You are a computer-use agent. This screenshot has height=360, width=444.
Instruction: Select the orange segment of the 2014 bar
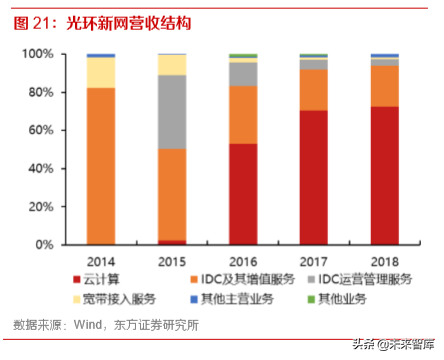100,166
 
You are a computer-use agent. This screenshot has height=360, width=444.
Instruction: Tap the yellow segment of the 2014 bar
100,72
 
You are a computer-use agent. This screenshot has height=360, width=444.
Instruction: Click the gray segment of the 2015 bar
172,112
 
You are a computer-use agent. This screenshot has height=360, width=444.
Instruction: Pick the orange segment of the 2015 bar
172,195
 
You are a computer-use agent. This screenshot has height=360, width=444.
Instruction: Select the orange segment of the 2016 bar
242,114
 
